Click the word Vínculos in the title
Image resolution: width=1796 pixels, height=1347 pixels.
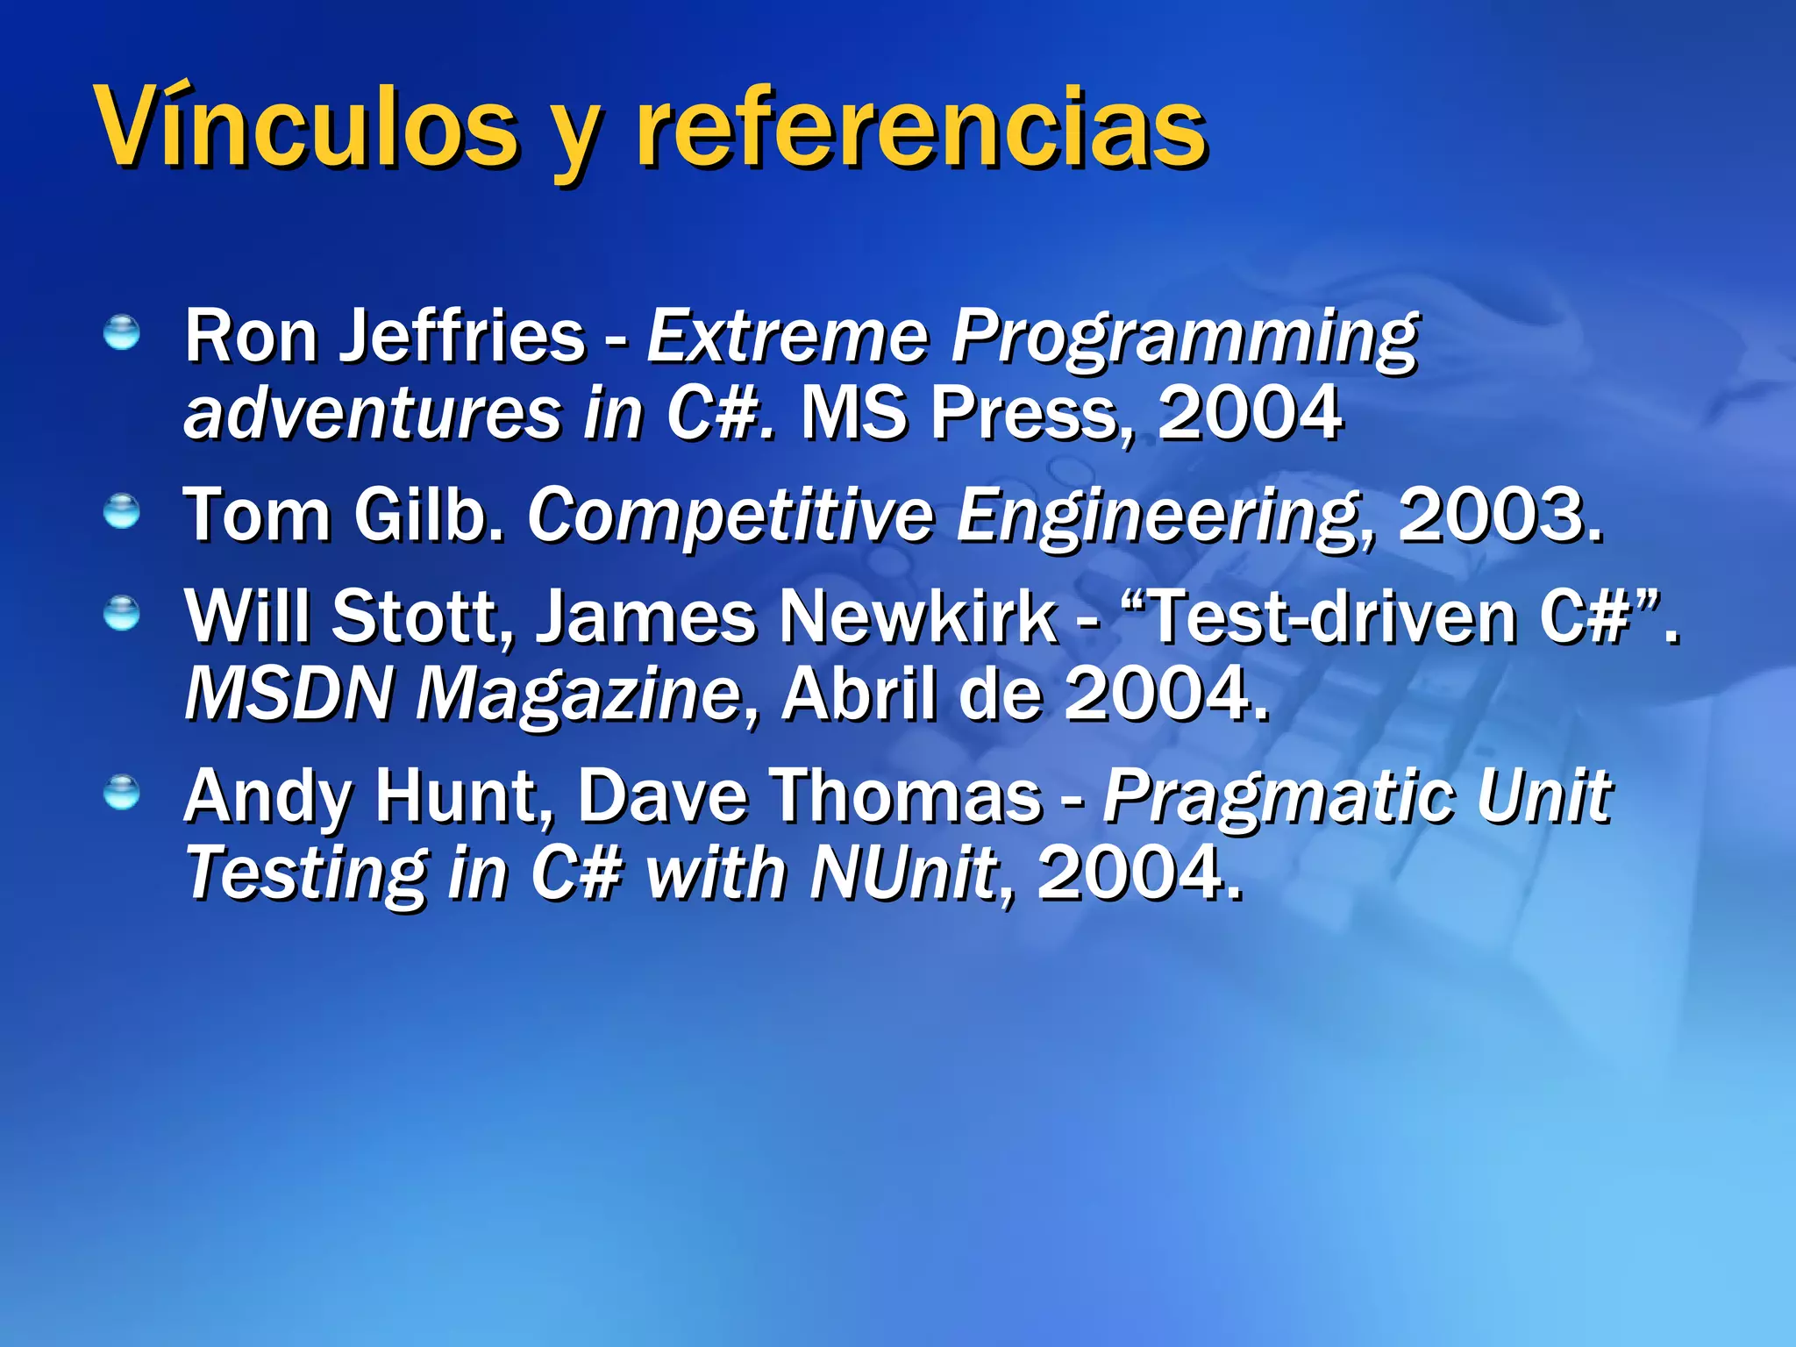pos(307,127)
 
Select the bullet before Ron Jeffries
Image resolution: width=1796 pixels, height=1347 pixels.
pos(121,333)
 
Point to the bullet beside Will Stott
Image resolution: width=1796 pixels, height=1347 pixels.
pos(121,613)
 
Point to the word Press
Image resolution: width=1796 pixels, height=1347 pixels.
pos(1030,413)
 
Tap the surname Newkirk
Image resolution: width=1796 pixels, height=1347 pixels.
pos(918,616)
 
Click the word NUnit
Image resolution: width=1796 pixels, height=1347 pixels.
pos(903,873)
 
